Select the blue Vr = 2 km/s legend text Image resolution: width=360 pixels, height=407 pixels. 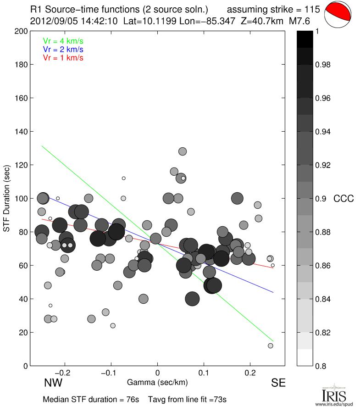tap(63, 49)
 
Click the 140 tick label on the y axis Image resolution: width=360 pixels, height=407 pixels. tap(20, 132)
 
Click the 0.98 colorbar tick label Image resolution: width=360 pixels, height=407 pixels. tap(324, 65)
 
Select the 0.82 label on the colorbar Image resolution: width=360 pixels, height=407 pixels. tap(324, 332)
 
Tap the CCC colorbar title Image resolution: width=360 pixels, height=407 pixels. tap(343, 199)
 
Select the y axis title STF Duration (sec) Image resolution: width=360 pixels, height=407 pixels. tap(7, 199)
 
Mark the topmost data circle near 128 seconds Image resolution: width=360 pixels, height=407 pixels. tap(183, 151)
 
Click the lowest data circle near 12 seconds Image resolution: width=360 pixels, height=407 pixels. tap(271, 346)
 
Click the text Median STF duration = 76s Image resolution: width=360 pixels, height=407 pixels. tap(91, 399)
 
